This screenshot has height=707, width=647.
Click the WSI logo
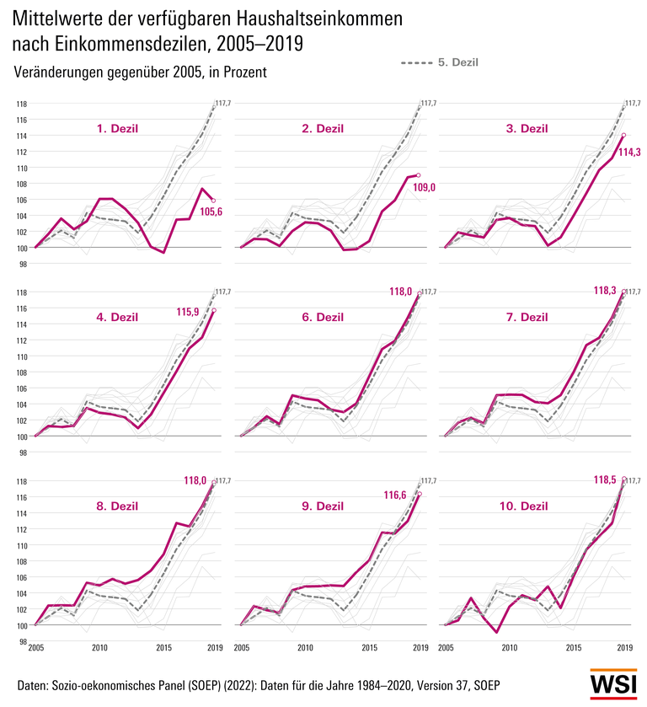click(x=612, y=684)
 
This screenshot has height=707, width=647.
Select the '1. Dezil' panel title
click(x=116, y=129)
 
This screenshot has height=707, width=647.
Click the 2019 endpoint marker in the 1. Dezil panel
click(x=213, y=201)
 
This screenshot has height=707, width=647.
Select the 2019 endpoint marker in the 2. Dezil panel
click(x=419, y=174)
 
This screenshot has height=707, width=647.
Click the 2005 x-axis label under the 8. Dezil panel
click(x=35, y=647)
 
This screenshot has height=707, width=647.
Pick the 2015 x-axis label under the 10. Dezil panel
click(x=573, y=647)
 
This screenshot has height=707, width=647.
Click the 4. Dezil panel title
click(x=116, y=318)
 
